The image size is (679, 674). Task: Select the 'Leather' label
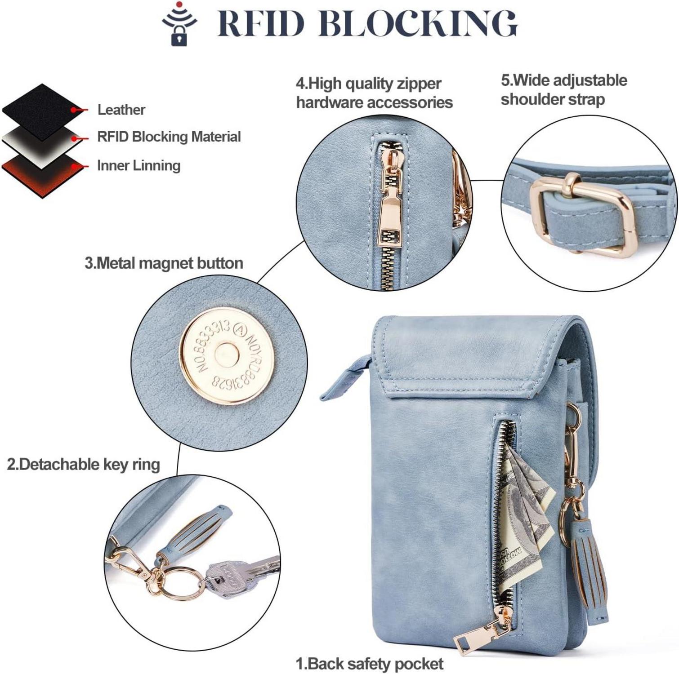coord(121,110)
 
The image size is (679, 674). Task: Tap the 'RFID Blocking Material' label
coord(169,137)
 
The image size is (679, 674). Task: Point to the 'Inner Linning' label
coord(138,165)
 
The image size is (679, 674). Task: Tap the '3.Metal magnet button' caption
coord(164,263)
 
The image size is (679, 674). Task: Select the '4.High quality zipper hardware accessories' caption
coord(374,93)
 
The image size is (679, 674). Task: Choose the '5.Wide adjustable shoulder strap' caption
coord(564,89)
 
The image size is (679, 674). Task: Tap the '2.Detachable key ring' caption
coord(83,464)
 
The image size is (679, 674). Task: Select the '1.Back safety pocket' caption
coord(369,663)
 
